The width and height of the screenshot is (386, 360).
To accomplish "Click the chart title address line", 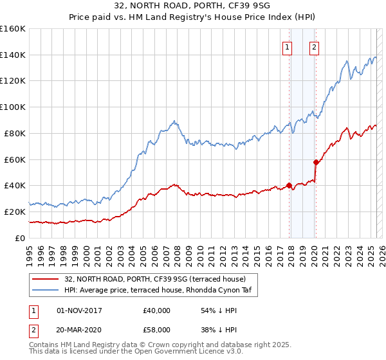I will pyautogui.click(x=193, y=6).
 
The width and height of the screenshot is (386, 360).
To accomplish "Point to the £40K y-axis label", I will pyautogui.click(x=14, y=185).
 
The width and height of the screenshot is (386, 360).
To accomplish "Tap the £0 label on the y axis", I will pyautogui.click(x=19, y=238).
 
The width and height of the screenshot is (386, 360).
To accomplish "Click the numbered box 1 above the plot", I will pyautogui.click(x=286, y=46).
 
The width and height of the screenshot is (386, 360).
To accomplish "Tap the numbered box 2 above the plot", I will pyautogui.click(x=314, y=46).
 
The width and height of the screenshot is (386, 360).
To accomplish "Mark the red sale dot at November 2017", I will pyautogui.click(x=289, y=185).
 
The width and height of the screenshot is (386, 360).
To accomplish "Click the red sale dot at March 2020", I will pyautogui.click(x=316, y=162).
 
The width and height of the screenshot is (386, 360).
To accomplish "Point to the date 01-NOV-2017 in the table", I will pyautogui.click(x=79, y=310).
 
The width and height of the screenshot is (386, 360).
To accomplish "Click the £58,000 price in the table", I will pyautogui.click(x=157, y=329).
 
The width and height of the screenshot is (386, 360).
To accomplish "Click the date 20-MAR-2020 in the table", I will pyautogui.click(x=79, y=329).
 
